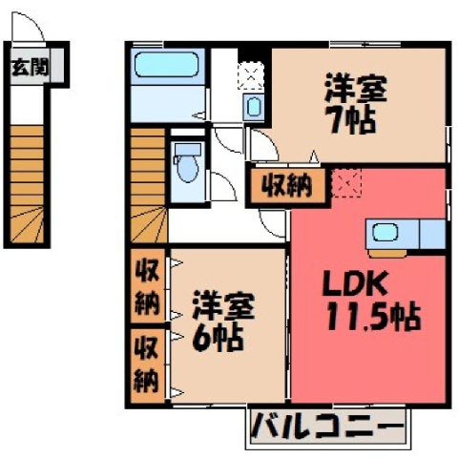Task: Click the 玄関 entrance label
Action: click(30, 67)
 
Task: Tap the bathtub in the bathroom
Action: click(166, 65)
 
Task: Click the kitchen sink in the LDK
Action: click(385, 232)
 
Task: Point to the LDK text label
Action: click(355, 283)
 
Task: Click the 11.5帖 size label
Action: click(374, 317)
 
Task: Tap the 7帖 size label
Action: click(352, 120)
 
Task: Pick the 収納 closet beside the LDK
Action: click(287, 185)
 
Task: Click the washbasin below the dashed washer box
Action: click(254, 107)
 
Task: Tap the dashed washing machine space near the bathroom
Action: click(251, 75)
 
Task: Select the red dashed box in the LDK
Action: click(346, 183)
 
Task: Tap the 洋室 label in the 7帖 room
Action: click(356, 89)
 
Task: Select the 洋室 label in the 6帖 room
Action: click(223, 305)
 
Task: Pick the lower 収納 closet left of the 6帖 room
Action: click(148, 365)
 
